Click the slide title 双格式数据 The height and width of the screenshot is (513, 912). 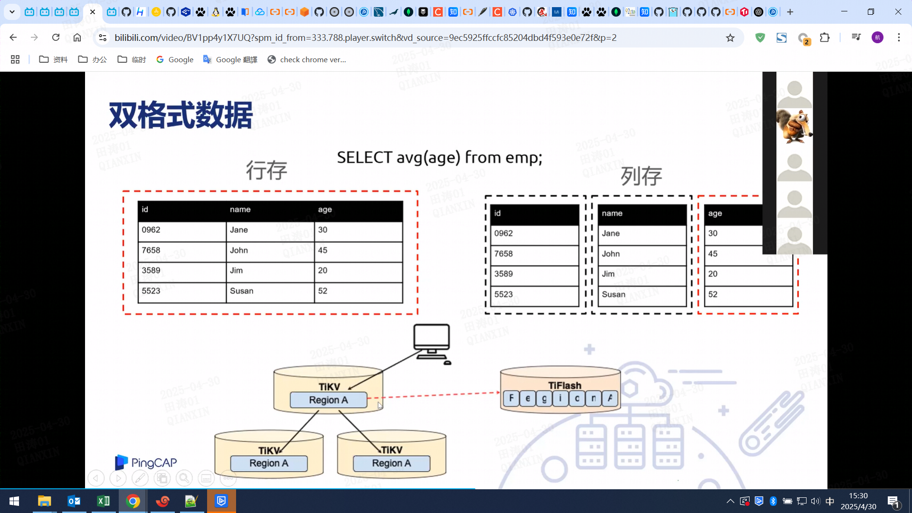coord(180,115)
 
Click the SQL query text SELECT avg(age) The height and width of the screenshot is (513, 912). coord(439,157)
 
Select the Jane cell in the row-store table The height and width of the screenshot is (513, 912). coord(239,230)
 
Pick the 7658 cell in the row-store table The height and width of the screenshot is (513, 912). coord(151,250)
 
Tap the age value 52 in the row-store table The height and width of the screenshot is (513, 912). coord(323,291)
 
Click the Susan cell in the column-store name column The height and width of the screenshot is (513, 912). coord(614,294)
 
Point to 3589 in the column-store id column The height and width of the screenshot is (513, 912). coord(503,274)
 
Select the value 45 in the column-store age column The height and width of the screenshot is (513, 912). coord(713,254)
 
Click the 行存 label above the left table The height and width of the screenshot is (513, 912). coord(266,170)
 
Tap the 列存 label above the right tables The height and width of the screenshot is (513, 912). coord(641,176)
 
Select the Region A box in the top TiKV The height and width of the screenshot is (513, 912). coord(328,400)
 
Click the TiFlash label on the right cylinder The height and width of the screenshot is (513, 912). coord(564,385)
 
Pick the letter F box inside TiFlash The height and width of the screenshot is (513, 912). coord(511,398)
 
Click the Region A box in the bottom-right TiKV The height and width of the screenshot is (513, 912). coord(391,463)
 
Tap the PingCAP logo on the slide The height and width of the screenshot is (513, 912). coord(146,462)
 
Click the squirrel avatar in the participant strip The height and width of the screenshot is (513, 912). coord(794,126)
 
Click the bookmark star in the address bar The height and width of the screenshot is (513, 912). coord(730,38)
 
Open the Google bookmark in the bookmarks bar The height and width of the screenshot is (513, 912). coord(175,59)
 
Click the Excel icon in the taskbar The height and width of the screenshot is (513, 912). coord(103,501)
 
